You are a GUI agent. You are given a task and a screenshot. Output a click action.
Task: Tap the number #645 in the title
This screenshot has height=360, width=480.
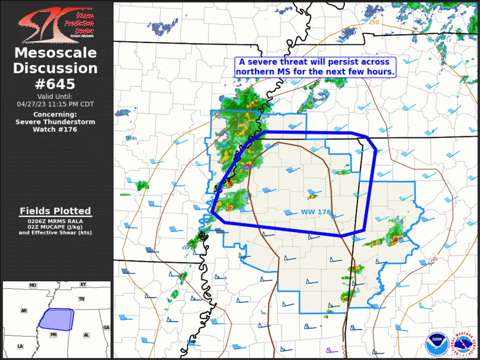pos(56,84)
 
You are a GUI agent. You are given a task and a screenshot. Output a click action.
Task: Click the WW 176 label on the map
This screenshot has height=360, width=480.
pos(315,212)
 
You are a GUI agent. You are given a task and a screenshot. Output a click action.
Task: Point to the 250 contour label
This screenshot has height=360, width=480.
pos(373,22)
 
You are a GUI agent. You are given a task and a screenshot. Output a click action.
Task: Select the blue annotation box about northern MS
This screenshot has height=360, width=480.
pos(315,66)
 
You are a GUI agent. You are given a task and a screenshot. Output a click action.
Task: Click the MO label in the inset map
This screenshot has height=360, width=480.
pos(33,285)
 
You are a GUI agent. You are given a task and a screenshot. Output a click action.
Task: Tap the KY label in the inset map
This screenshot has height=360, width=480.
pos(84,285)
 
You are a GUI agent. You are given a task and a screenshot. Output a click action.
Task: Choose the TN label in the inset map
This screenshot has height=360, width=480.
pos(82,299)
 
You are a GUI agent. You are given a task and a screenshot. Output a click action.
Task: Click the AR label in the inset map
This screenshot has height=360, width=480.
pos(24,310)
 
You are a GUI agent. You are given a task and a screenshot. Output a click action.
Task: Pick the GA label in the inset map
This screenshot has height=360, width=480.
pos(106,327)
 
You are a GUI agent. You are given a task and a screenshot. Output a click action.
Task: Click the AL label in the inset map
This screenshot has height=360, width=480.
pos(86,334)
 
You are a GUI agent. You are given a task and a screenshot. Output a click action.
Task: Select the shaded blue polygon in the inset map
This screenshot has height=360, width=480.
pos(57,319)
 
